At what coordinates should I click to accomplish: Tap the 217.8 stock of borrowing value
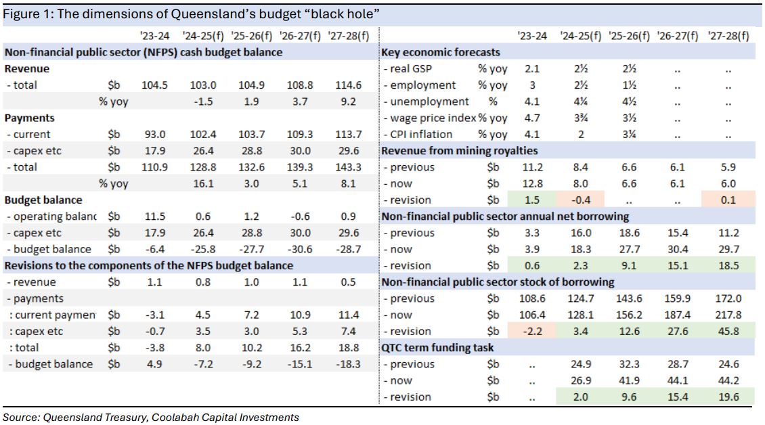coord(728,315)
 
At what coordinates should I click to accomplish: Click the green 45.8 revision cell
coord(728,331)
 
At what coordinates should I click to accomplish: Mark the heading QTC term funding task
coord(437,348)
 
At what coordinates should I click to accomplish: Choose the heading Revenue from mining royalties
coord(460,151)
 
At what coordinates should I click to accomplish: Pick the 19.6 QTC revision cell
coord(728,397)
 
